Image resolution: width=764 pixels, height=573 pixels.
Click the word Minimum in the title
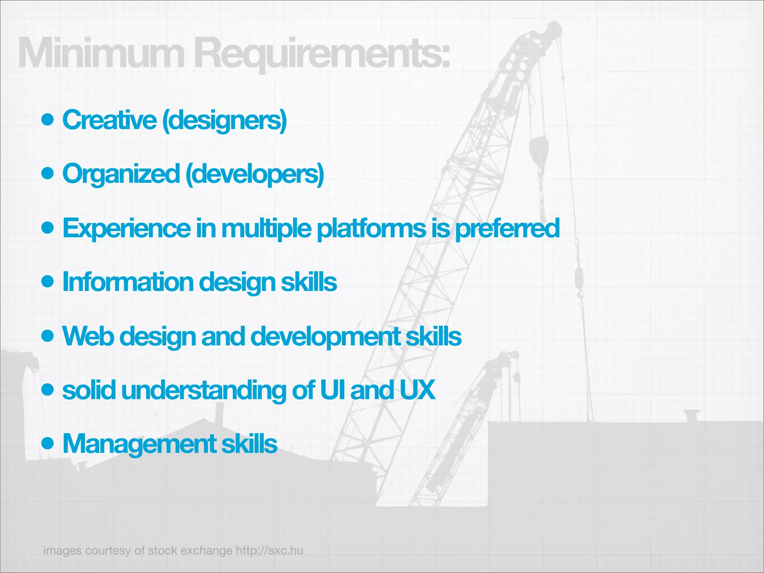coord(101,53)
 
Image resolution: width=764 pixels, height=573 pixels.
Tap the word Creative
coord(109,120)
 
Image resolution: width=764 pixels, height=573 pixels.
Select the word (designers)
coord(224,120)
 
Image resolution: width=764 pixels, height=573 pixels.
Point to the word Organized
coord(121,174)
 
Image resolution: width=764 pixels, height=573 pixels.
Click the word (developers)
coord(254,174)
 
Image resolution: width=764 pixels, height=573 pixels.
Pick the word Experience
coord(126,228)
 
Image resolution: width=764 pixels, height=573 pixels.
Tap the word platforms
coord(371,228)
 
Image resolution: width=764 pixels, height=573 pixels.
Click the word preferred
coord(507,228)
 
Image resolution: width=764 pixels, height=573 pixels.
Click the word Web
coord(88,336)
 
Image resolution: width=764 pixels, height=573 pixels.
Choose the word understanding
coord(203,390)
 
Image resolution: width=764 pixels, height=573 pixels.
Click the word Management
coord(139,444)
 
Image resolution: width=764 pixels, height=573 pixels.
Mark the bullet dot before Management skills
coord(48,444)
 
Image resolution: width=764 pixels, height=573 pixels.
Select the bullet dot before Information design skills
coord(48,282)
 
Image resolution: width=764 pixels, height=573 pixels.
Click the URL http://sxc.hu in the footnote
coord(269,550)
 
